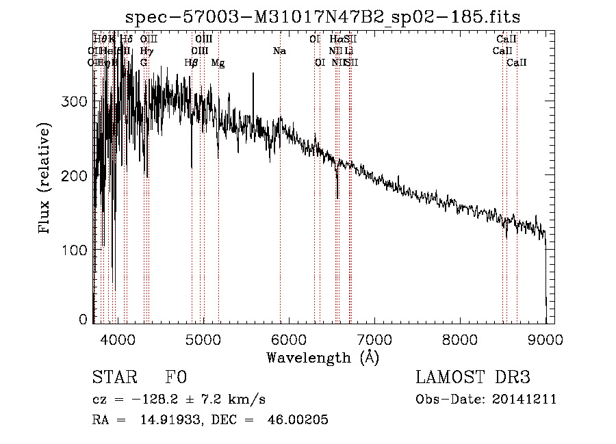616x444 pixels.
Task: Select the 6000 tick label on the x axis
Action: (288, 338)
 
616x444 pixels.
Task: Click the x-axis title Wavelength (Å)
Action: (322, 357)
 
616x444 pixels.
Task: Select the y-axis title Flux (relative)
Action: (45, 179)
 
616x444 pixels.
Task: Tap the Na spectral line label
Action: (279, 51)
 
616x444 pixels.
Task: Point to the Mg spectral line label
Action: (218, 63)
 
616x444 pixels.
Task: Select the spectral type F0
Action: (177, 378)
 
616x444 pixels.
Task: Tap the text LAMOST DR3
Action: (473, 378)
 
